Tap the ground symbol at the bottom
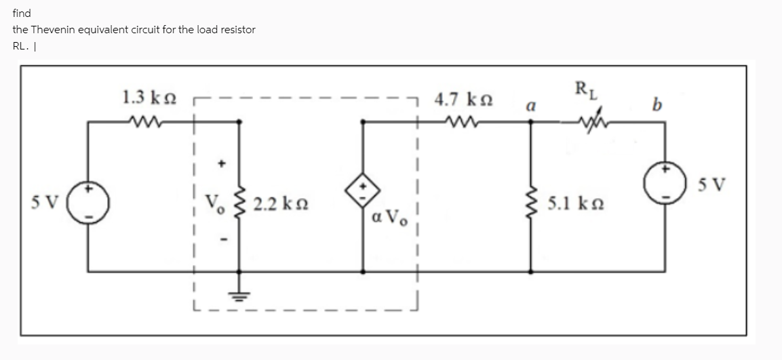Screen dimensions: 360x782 click(238, 296)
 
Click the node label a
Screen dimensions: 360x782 click(532, 106)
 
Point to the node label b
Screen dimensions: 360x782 click(654, 105)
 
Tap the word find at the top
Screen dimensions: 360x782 click(22, 13)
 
